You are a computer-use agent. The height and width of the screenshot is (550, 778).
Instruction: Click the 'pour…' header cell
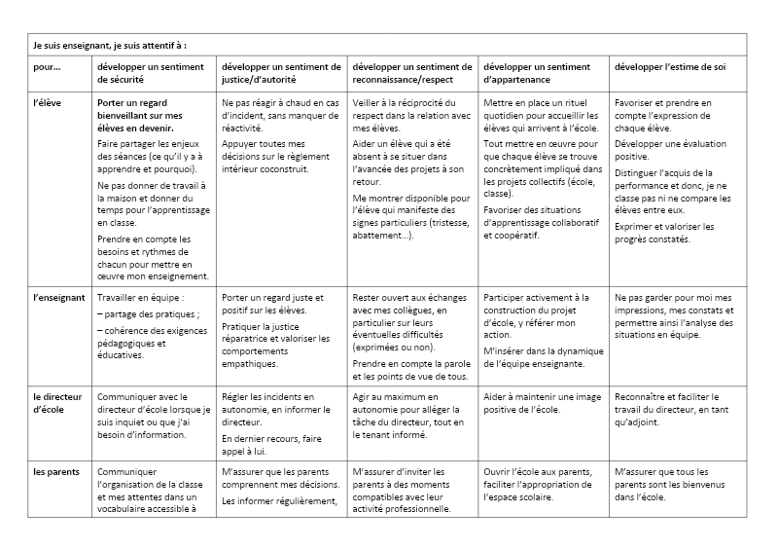[47, 67]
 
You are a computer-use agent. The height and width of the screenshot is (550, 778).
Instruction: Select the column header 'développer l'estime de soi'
[670, 67]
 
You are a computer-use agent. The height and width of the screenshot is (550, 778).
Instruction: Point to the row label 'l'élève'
[47, 102]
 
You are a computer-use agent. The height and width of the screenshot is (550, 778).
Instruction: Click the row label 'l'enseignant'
[58, 297]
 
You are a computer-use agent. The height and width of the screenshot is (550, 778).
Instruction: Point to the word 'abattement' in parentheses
[382, 235]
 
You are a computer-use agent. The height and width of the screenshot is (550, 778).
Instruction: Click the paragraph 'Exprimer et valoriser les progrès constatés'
[664, 234]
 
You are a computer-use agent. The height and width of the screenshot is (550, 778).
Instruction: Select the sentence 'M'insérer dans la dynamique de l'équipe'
[544, 355]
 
